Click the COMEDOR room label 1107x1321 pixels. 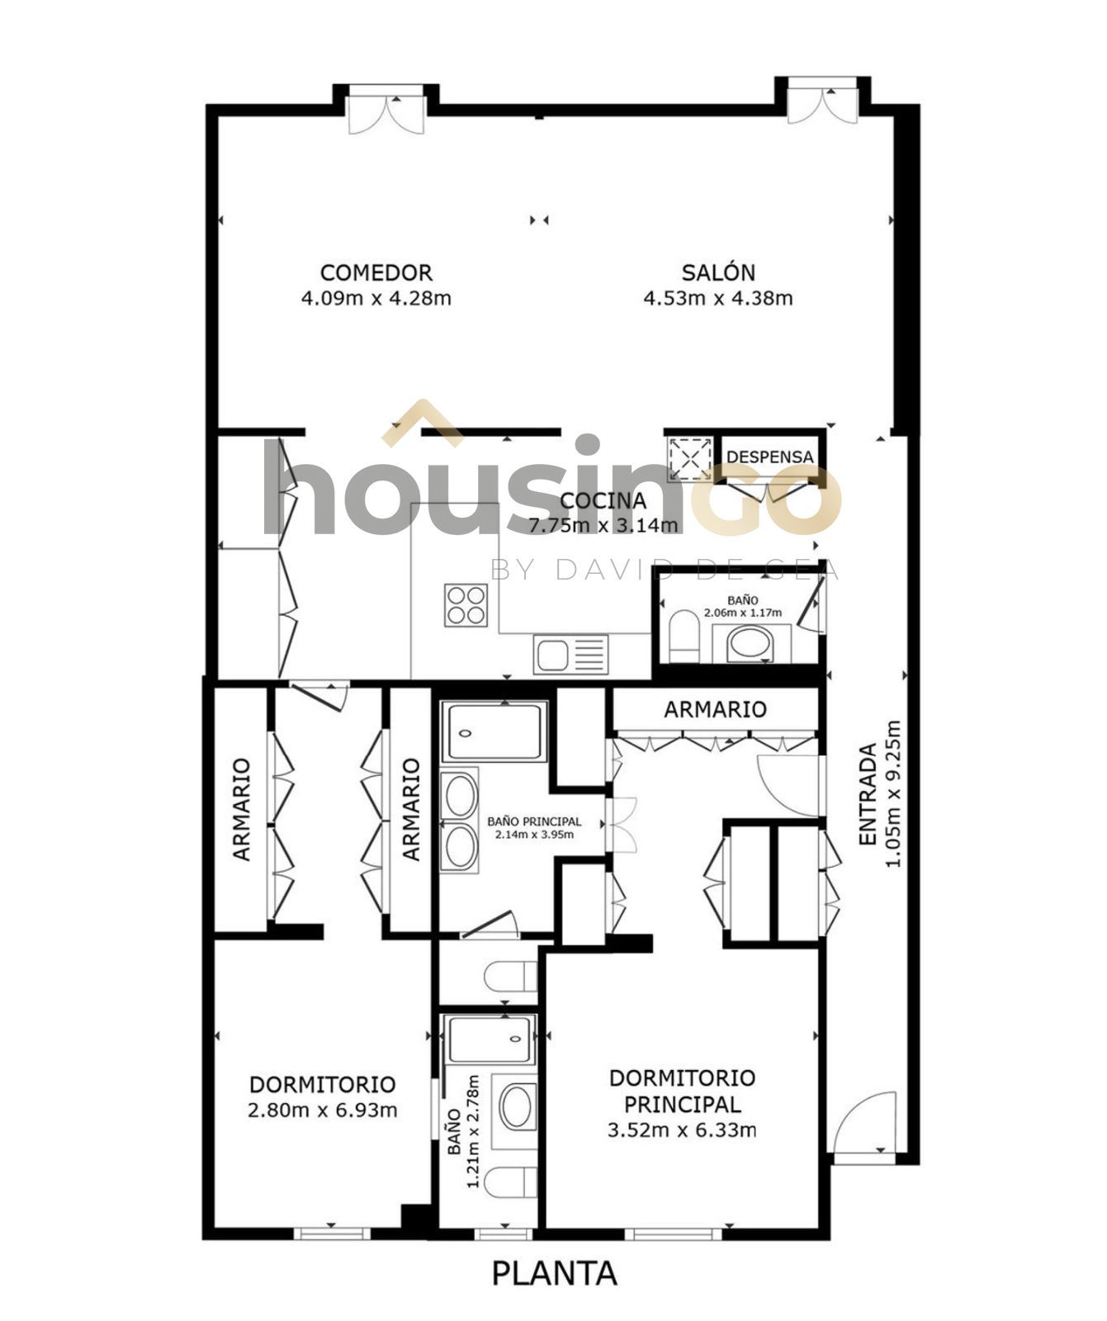point(376,272)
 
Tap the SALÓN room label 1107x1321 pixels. point(718,272)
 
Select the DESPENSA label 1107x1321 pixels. point(770,457)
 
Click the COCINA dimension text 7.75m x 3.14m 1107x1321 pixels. point(603,524)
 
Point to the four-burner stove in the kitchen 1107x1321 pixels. point(466,604)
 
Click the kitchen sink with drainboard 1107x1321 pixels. point(570,655)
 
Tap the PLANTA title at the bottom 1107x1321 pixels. point(554,1272)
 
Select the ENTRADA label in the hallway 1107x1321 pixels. point(867,794)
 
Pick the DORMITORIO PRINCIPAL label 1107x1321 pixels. point(682,1090)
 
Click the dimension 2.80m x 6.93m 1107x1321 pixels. point(322,1110)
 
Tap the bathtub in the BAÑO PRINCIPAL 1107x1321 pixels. point(494,732)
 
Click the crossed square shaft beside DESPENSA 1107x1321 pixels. point(690,457)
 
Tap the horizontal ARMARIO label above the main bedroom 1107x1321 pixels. point(716,709)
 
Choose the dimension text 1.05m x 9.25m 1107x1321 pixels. point(892,794)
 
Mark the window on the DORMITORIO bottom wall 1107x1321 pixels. point(332,1233)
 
